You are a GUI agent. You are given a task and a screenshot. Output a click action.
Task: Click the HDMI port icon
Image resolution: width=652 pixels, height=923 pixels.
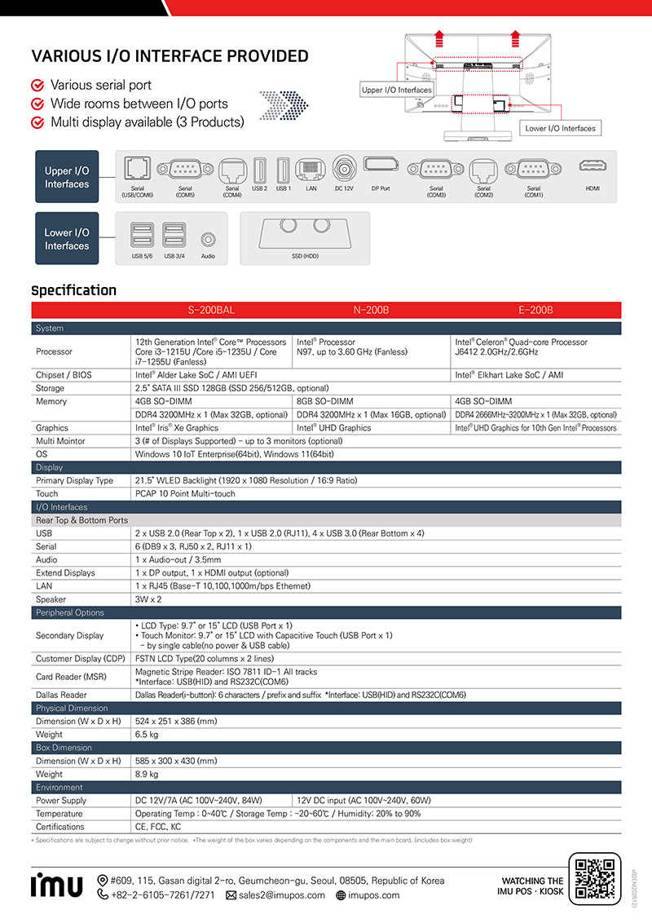coord(592,166)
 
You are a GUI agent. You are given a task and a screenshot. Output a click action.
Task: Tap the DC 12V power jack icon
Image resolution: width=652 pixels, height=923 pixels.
coord(343,169)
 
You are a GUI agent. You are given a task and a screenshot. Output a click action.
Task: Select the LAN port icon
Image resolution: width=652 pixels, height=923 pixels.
coord(311,170)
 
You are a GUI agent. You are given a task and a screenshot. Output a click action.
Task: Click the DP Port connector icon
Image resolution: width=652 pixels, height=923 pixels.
coord(381,166)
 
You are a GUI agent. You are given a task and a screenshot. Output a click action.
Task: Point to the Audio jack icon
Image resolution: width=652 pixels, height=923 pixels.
coord(208,240)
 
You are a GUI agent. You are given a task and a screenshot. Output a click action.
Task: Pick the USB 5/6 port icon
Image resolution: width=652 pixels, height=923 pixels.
coord(141,236)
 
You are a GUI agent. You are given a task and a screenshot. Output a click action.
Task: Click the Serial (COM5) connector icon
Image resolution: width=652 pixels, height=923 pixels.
coord(185,170)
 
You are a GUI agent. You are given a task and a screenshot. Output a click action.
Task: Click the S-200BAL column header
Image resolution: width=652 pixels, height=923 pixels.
coord(211,310)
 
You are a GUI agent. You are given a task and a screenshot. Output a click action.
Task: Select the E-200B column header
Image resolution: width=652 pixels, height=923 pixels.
coord(535,310)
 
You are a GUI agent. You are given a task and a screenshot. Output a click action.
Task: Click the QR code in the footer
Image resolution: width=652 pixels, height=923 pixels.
coord(593,879)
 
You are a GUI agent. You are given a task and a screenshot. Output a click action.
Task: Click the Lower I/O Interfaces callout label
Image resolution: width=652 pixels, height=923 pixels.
coord(560,128)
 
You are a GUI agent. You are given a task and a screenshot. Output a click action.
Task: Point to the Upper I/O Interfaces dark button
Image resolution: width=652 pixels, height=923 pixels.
coord(67,177)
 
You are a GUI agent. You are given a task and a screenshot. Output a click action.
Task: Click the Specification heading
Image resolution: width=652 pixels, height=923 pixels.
coord(73,290)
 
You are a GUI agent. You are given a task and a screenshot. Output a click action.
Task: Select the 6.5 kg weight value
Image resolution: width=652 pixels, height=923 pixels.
coord(147,734)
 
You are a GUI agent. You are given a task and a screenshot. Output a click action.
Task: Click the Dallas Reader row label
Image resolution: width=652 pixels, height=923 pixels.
coord(61,695)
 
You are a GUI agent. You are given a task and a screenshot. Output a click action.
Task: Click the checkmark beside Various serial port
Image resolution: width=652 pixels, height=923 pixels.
coord(37,86)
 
